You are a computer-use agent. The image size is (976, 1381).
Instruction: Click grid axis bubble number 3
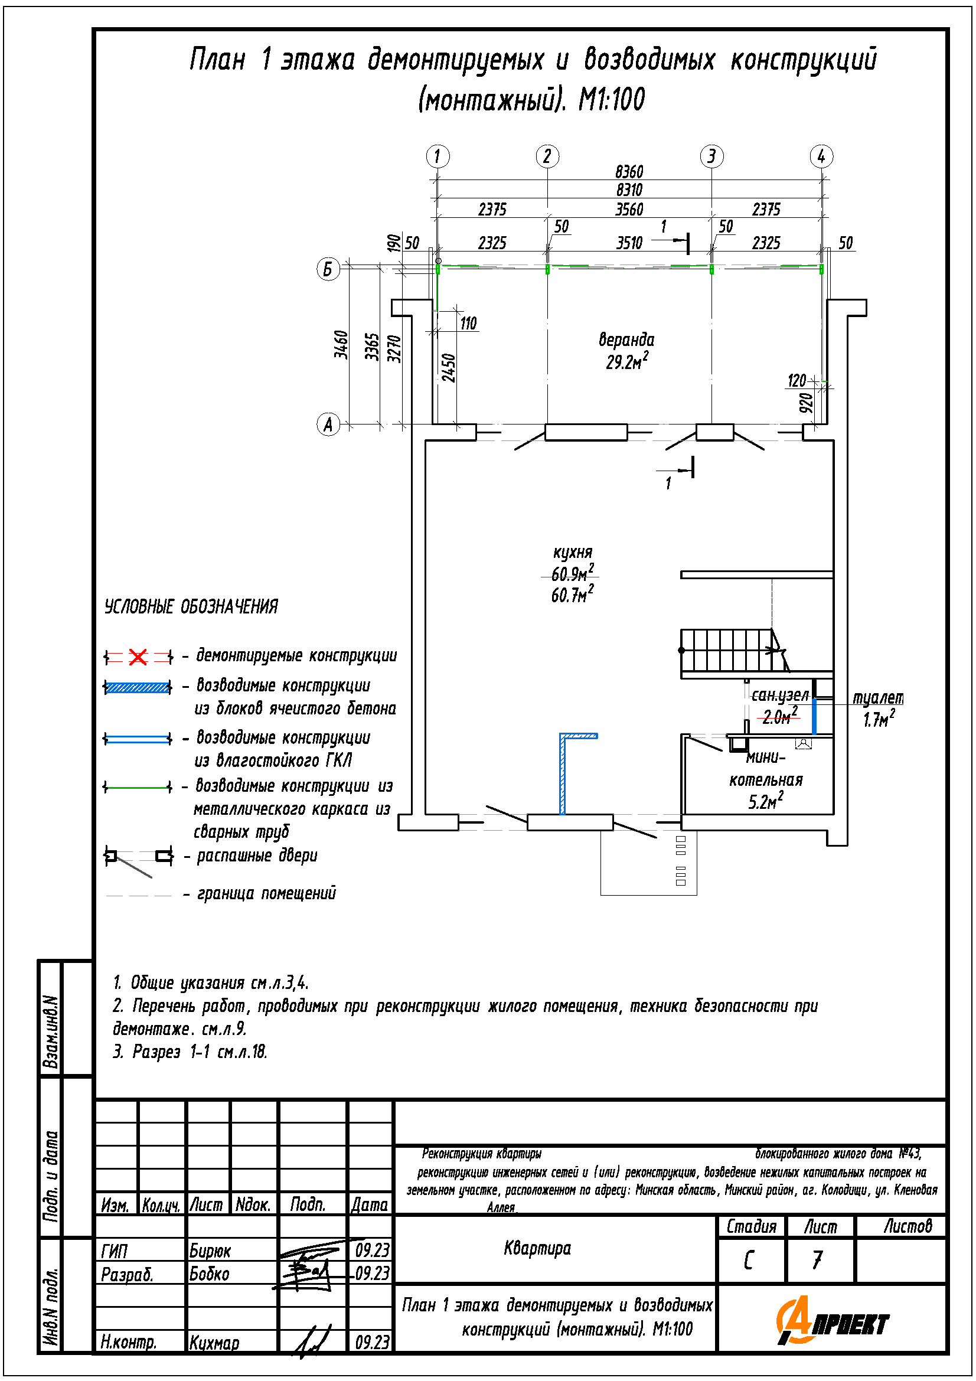pyautogui.click(x=711, y=156)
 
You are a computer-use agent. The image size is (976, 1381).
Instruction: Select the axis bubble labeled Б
pyautogui.click(x=328, y=268)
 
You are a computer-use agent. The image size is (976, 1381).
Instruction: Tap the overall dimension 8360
pyautogui.click(x=628, y=172)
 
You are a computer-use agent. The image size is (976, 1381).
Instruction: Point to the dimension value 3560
pyautogui.click(x=628, y=210)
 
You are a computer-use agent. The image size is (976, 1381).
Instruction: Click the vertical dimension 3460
pyautogui.click(x=341, y=345)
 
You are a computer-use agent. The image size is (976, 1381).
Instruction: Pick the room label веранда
pyautogui.click(x=626, y=340)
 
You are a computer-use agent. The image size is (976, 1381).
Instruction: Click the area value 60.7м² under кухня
pyautogui.click(x=572, y=595)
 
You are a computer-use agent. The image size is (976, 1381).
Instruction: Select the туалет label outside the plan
pyautogui.click(x=877, y=698)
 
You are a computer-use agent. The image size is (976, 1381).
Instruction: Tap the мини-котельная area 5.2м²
pyautogui.click(x=765, y=801)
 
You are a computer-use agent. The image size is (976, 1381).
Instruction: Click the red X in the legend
pyautogui.click(x=138, y=657)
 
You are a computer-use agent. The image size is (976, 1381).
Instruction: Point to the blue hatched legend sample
pyautogui.click(x=138, y=687)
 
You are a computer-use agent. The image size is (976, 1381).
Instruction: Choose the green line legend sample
pyautogui.click(x=138, y=786)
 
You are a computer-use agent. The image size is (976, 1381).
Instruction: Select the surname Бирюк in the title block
pyautogui.click(x=210, y=1251)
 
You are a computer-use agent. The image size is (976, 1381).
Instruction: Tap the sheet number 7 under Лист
pyautogui.click(x=817, y=1259)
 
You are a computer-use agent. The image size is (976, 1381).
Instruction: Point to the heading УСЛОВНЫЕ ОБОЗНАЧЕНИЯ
pyautogui.click(x=191, y=606)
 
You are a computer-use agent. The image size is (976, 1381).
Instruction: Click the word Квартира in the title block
pyautogui.click(x=537, y=1248)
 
